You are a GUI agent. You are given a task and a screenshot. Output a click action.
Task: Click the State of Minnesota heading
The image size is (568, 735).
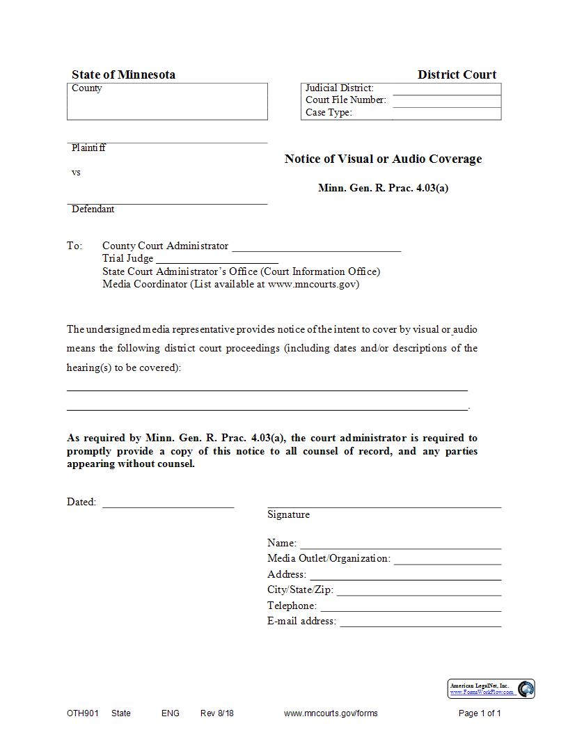tap(123, 74)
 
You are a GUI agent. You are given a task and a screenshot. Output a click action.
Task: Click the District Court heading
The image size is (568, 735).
tap(457, 74)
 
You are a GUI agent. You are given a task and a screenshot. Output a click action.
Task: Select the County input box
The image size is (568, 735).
tap(167, 104)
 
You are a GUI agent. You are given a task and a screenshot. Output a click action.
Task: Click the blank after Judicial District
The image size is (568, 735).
tap(446, 88)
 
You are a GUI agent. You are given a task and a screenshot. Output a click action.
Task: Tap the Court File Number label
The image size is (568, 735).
tap(345, 100)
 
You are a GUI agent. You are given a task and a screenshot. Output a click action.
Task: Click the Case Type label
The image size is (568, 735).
tap(329, 113)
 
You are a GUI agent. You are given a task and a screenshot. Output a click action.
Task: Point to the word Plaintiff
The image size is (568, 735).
tap(88, 148)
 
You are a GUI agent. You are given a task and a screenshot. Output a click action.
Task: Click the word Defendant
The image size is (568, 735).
tap(93, 210)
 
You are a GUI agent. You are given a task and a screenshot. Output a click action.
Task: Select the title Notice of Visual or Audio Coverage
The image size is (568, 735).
tap(383, 159)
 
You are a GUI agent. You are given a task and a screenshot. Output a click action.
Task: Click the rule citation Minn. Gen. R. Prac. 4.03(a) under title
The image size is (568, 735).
tap(383, 188)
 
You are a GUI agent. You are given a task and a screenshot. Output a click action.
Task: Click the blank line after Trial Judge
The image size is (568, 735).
tap(216, 260)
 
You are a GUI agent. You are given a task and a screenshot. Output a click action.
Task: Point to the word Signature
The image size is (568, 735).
tap(288, 515)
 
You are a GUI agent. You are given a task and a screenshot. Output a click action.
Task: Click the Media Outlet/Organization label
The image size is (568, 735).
tap(329, 558)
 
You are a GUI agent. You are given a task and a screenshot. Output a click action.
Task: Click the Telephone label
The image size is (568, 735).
tap(292, 606)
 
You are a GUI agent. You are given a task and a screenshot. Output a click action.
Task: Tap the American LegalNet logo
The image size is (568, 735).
tap(491, 689)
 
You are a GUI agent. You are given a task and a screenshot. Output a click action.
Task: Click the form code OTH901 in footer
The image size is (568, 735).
tap(83, 713)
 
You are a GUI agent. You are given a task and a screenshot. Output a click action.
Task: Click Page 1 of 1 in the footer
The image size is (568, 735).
tap(480, 713)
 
